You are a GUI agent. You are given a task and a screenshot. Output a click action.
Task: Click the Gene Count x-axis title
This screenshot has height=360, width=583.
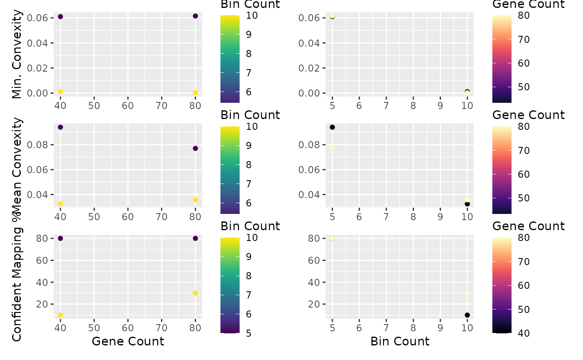[128, 341]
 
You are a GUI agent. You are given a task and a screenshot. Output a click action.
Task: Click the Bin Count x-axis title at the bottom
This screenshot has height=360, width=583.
[400, 341]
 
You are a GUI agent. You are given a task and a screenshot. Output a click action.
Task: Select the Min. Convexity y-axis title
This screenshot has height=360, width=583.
[17, 54]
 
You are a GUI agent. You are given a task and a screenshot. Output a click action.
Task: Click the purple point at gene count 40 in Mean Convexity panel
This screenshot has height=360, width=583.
[60, 127]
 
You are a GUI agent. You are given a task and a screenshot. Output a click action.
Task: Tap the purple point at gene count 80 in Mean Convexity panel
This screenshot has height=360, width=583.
[195, 148]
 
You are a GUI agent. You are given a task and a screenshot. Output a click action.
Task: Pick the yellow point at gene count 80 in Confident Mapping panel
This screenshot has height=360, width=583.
[195, 293]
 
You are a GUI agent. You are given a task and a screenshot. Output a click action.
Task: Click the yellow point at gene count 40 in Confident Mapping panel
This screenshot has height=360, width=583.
[60, 315]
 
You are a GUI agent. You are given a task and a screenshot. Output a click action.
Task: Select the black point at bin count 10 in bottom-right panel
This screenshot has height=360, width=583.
[467, 315]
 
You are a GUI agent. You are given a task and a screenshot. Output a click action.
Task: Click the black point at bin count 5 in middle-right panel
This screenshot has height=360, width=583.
[332, 127]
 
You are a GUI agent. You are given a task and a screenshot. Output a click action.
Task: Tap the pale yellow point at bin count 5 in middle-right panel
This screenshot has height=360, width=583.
[332, 148]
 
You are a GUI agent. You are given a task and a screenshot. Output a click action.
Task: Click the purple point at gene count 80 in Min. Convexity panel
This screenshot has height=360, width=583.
[195, 16]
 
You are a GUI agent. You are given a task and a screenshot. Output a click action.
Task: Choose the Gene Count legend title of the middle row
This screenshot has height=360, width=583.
[528, 115]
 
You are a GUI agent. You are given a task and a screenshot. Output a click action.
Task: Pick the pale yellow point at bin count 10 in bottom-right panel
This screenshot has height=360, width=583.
[467, 293]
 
